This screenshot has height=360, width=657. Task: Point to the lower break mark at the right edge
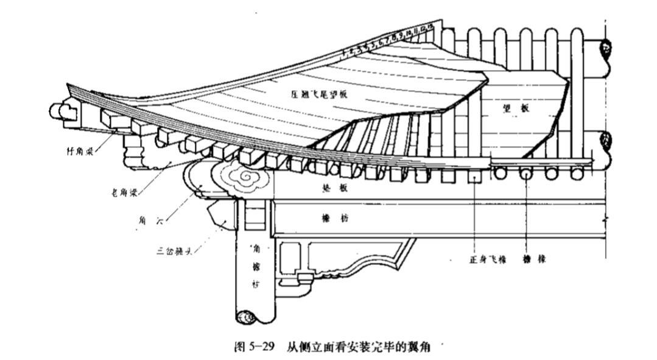click(606, 141)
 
